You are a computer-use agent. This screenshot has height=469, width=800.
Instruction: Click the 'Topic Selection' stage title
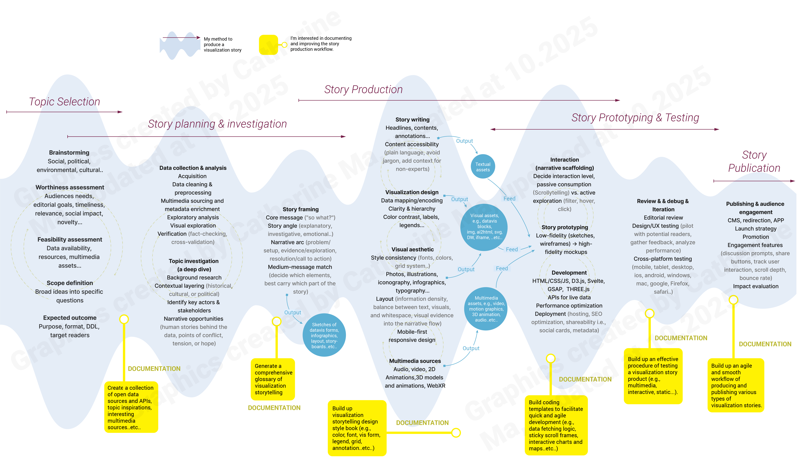click(x=64, y=102)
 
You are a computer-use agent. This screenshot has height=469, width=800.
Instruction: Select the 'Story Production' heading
click(x=363, y=90)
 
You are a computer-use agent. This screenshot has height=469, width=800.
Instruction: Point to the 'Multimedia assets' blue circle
click(x=486, y=309)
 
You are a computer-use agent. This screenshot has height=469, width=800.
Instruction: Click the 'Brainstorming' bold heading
click(x=69, y=152)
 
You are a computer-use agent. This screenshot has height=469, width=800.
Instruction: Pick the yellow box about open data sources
click(x=131, y=407)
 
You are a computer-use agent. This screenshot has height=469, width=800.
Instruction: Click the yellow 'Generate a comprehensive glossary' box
click(x=273, y=379)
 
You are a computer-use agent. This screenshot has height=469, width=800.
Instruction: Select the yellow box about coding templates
click(x=556, y=425)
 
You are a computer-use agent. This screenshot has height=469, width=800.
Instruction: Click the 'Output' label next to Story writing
click(x=464, y=141)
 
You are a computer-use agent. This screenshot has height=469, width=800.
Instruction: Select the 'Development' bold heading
click(x=569, y=273)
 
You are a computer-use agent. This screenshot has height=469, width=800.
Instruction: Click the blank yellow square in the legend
click(x=268, y=44)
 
